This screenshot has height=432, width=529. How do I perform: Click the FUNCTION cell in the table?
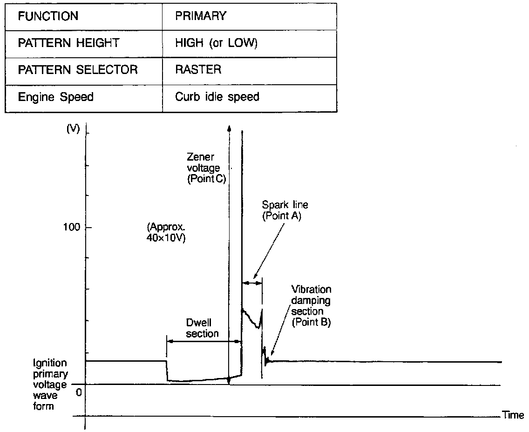pos(48,16)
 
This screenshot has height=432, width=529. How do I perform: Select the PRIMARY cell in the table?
pos(201,16)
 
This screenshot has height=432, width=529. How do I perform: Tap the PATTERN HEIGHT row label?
pos(68,43)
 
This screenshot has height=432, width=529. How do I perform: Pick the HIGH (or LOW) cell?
pos(217,43)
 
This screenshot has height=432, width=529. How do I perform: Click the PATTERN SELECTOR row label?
pos(78,70)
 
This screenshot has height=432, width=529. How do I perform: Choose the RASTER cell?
pos(198,70)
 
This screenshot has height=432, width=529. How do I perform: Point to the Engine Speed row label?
pos(56,97)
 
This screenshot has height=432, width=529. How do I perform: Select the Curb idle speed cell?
pos(217,97)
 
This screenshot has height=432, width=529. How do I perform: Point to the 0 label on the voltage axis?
pos(79,392)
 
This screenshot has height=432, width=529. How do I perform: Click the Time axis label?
pos(513,415)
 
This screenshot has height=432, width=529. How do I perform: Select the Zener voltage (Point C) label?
pos(206,169)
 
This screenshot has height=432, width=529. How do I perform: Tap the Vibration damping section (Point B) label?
pos(311,305)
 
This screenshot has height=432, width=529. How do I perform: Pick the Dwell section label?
pos(202,328)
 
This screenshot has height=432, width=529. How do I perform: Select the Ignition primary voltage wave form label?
pos(50,385)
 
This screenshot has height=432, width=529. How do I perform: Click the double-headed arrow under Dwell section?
pos(204,341)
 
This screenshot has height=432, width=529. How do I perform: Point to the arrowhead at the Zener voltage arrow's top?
pos(229,127)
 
